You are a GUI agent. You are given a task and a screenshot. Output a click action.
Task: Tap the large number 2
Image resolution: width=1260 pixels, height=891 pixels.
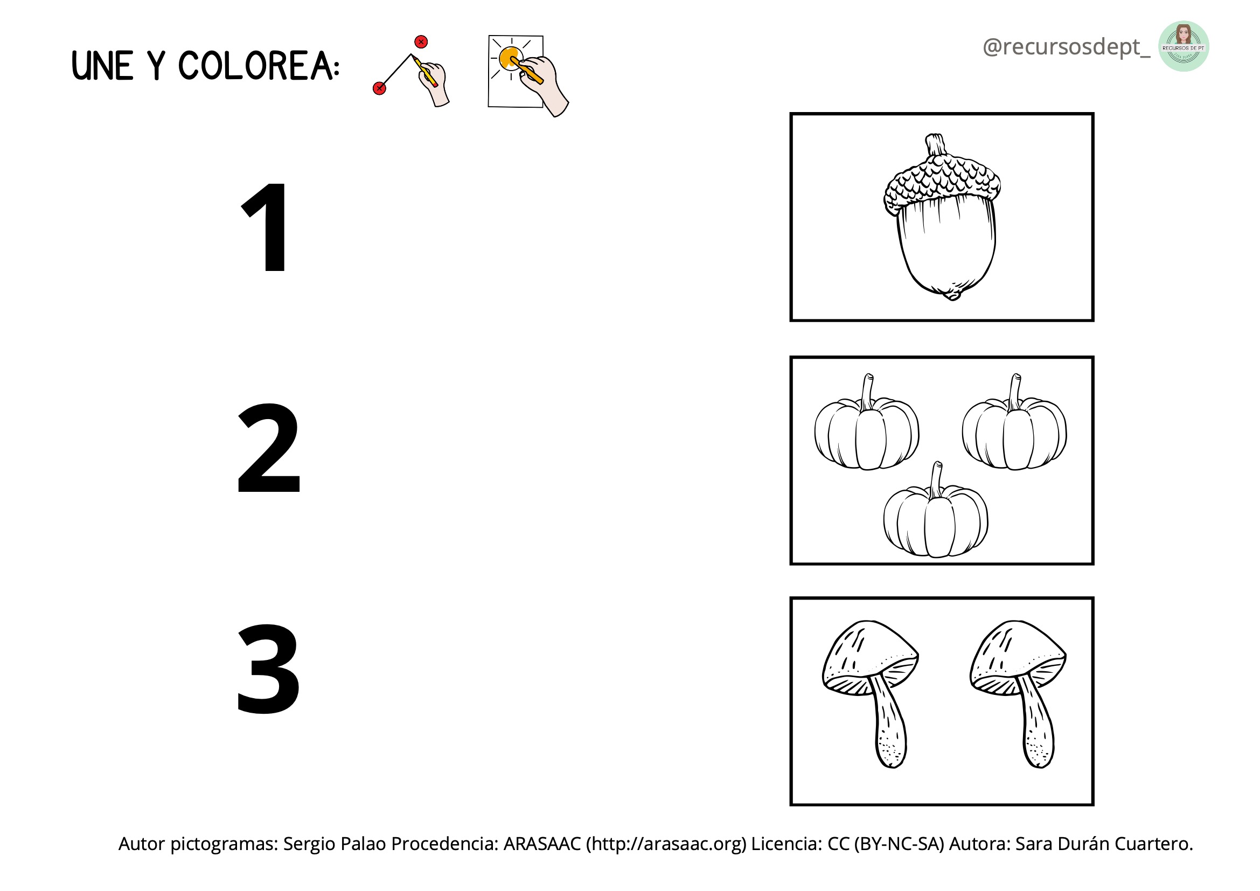(x=268, y=448)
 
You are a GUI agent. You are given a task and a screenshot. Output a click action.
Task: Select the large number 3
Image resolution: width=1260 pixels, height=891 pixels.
(x=268, y=670)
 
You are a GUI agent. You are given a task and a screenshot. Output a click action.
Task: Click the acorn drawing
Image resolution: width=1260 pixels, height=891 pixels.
(x=942, y=217)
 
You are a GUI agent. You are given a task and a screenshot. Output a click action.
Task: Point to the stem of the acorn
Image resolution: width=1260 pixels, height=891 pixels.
(x=936, y=145)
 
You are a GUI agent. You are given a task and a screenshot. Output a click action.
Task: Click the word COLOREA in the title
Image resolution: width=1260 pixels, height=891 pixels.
(x=255, y=66)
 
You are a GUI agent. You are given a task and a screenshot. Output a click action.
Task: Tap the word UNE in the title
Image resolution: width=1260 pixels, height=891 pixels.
(x=103, y=66)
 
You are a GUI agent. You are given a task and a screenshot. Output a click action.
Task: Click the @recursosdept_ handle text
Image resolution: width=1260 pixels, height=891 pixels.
(x=1066, y=47)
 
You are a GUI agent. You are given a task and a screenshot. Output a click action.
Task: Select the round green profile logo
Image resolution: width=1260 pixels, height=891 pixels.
(x=1184, y=46)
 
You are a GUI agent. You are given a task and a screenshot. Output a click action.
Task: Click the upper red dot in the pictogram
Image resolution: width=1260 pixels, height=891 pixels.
(x=421, y=41)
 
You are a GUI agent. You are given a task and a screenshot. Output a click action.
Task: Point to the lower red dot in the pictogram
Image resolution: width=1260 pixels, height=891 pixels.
(x=379, y=88)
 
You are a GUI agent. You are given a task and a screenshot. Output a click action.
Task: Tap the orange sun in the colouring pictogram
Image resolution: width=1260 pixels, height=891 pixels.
(x=510, y=58)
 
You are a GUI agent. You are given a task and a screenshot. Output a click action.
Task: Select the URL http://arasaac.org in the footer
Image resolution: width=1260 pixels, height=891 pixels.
(x=666, y=844)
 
